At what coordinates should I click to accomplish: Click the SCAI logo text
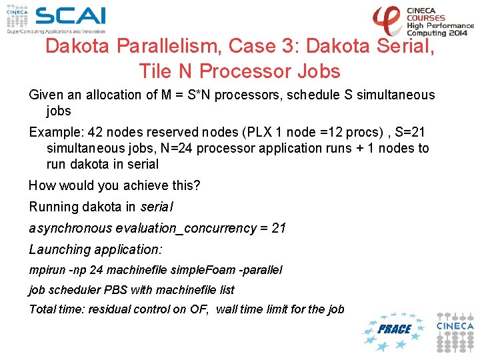click(x=70, y=16)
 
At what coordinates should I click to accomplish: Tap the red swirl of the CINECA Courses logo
click(x=387, y=20)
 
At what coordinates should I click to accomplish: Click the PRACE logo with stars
click(x=393, y=329)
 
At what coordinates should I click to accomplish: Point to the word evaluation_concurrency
click(x=185, y=228)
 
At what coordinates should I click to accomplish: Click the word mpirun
click(x=45, y=270)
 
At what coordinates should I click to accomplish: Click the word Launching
click(x=59, y=249)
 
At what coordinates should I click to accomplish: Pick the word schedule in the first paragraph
click(x=313, y=95)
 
